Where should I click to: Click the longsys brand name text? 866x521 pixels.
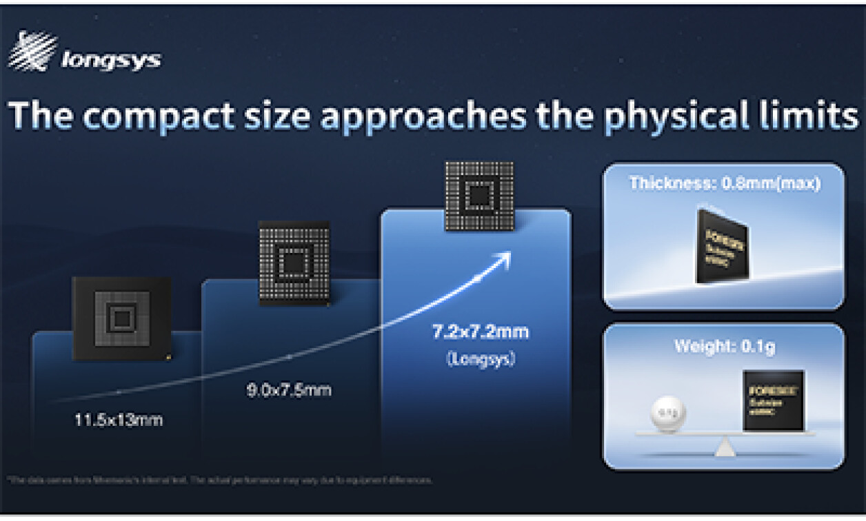(x=111, y=61)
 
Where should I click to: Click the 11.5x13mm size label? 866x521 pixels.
(x=119, y=419)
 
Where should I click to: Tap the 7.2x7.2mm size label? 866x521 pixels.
(x=480, y=332)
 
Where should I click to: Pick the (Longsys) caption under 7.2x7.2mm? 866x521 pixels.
(x=481, y=359)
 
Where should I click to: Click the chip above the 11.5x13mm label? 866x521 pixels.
(x=122, y=318)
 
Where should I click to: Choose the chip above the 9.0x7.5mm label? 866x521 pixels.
(x=294, y=263)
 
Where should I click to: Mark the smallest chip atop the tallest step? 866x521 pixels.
(x=479, y=196)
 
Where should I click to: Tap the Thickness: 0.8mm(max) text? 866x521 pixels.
(x=724, y=185)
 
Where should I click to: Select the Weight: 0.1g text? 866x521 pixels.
(x=724, y=346)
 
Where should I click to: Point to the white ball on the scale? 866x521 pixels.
(x=664, y=413)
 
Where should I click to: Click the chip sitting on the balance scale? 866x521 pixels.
(x=773, y=400)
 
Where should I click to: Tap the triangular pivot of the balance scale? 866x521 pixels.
(x=724, y=448)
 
